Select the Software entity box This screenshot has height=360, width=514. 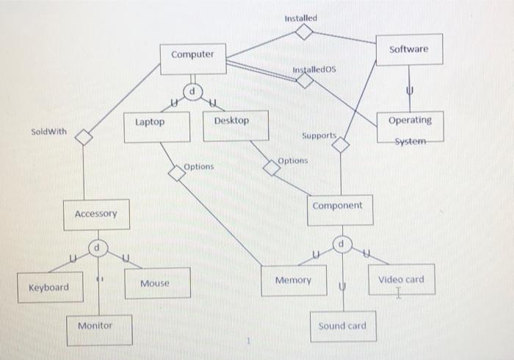coord(409,49)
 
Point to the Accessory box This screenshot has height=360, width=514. coord(95,215)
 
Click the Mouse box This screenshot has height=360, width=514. coord(154,283)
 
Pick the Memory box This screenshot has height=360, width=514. coord(293,281)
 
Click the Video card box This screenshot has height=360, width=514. coord(401,280)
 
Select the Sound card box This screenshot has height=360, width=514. coord(342,325)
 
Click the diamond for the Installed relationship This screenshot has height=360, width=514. coord(305,32)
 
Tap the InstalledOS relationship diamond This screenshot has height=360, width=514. coord(305,82)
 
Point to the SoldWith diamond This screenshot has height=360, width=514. coord(85,137)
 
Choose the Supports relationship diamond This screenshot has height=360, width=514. coord(341,145)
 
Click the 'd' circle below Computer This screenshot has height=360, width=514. coord(192,91)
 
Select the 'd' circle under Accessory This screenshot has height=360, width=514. coord(96,248)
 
